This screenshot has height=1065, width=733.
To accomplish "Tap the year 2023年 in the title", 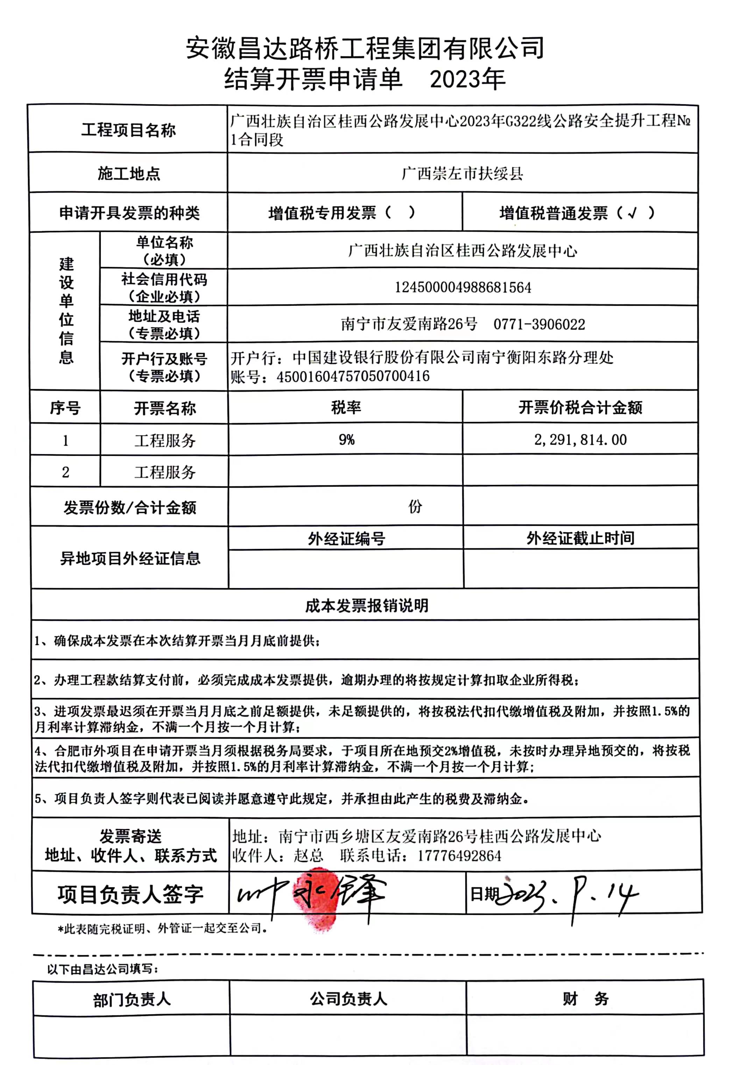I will click(x=467, y=79).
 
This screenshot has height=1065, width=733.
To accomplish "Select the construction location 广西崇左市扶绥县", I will click(x=462, y=174).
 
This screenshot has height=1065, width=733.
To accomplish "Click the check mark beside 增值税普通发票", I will click(x=633, y=213).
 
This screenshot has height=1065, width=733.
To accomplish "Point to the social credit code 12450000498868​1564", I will click(x=463, y=288).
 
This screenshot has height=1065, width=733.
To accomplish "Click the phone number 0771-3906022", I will click(x=539, y=324).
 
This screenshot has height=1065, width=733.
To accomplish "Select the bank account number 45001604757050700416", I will click(x=353, y=376).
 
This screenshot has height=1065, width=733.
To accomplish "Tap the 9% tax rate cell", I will click(x=346, y=439).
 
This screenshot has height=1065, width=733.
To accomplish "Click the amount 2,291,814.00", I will click(x=580, y=439).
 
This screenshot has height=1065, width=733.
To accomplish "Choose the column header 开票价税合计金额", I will click(x=580, y=407).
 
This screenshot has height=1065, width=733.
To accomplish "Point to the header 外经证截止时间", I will click(x=580, y=538).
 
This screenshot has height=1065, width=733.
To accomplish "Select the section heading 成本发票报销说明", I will click(x=367, y=605).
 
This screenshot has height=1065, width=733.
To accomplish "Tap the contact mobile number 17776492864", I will click(x=459, y=855).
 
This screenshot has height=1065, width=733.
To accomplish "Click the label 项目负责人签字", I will click(x=131, y=894).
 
